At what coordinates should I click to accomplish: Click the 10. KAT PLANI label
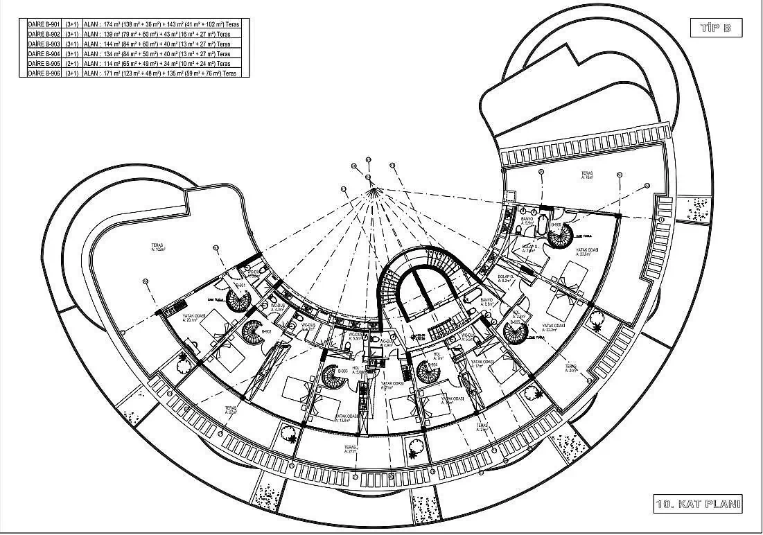(698, 504)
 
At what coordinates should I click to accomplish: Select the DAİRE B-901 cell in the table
(44, 24)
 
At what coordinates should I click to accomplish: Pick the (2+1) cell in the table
(71, 63)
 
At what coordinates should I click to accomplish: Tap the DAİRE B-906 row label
(44, 73)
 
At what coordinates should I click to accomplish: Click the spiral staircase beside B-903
(335, 376)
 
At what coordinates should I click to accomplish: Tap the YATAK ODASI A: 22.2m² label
(555, 328)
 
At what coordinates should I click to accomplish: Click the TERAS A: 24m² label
(571, 367)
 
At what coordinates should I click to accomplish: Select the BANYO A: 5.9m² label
(527, 222)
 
